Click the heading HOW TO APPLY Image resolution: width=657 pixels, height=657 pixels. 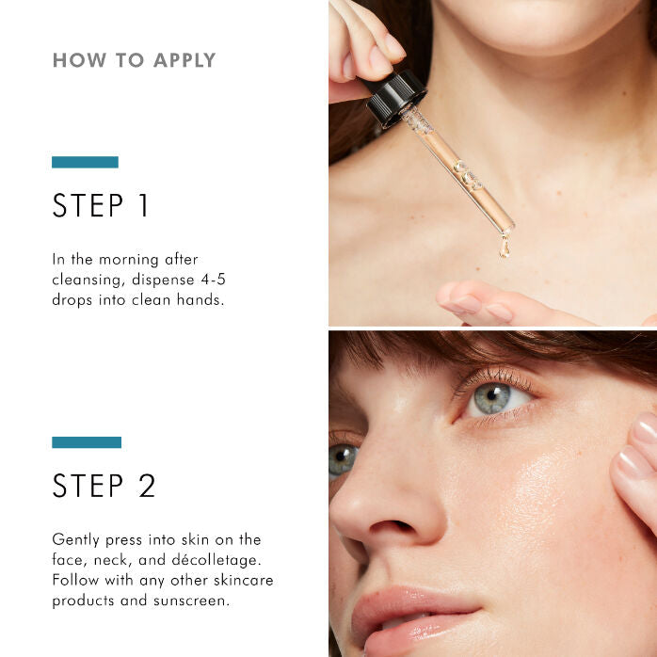tap(134, 61)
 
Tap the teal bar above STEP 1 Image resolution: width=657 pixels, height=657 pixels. tap(85, 162)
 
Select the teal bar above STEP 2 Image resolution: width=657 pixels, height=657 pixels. tap(87, 442)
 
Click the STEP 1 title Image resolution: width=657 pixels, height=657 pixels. tap(101, 206)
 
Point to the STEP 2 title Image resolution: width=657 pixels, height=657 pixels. tap(104, 486)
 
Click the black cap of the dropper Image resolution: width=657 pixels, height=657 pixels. tap(396, 96)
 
